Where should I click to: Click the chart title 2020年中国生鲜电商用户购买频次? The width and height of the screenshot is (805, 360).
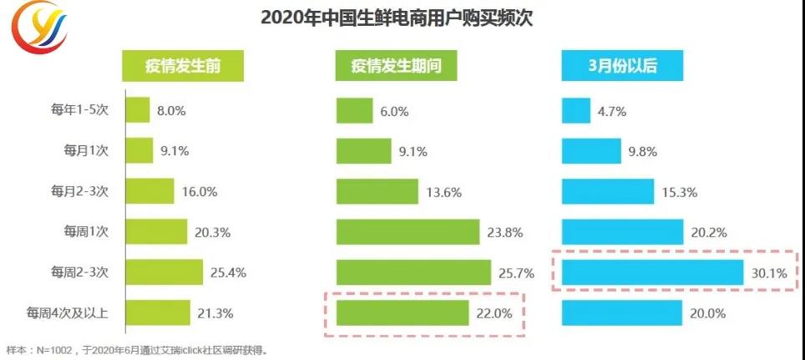tap(396, 18)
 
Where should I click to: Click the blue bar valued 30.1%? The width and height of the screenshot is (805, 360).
tap(652, 272)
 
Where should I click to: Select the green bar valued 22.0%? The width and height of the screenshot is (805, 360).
tap(402, 313)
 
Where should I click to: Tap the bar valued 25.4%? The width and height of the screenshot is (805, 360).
tap(165, 272)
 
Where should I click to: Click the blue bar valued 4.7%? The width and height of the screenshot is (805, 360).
tap(576, 110)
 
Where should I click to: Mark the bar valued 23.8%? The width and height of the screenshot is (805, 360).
tap(408, 232)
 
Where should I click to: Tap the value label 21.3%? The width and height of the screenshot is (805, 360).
tap(215, 313)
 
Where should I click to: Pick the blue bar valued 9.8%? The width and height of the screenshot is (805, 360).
tap(587, 151)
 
